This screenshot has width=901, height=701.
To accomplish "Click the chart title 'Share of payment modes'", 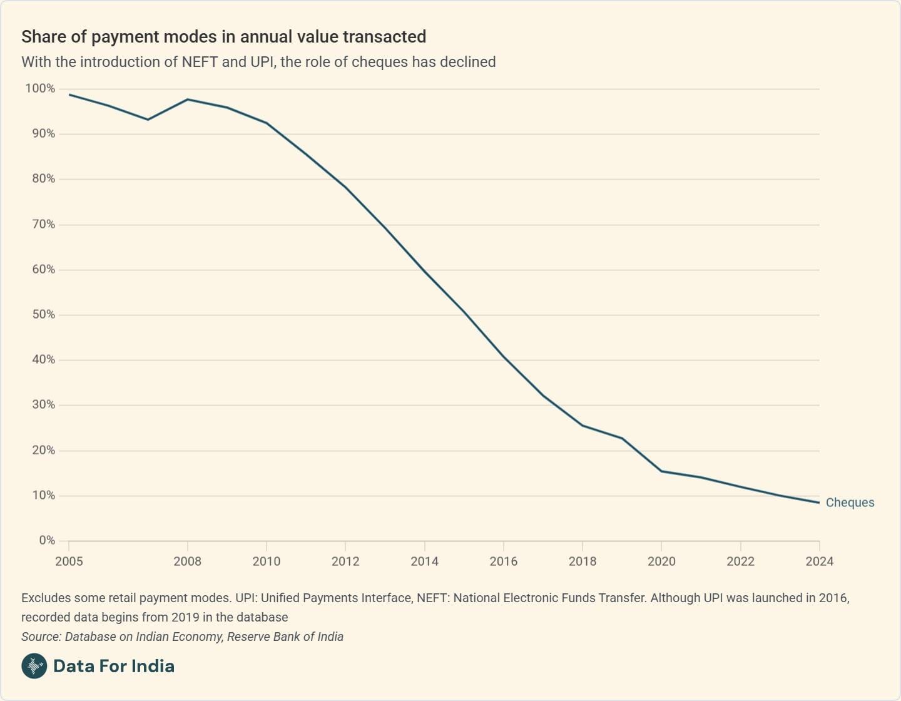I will coord(223,37).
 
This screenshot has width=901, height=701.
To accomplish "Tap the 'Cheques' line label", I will coord(850,503).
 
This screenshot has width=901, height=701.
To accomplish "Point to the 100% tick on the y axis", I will coord(40,89).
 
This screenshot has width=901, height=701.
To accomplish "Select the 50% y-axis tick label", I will coord(43,315).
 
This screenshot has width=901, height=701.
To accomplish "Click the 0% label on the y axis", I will coord(47,540).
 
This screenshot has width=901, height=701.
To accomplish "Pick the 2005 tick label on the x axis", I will coord(69,561).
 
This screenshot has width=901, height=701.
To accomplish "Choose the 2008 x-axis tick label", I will coord(187,561).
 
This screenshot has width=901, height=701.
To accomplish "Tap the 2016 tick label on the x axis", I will coord(503,561).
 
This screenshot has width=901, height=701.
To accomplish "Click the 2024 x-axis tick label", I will coord(819,561).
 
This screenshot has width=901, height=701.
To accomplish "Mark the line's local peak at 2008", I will coord(188,100).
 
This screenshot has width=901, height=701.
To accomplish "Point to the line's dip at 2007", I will coord(148,120).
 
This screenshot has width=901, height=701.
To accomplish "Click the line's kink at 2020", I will coord(661,471).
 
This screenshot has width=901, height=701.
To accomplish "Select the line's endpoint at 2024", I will coord(819,503).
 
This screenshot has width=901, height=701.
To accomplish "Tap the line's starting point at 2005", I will coord(69,95).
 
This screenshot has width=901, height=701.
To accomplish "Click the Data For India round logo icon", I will coord(34,666).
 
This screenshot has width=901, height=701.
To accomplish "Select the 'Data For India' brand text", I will coord(114,666).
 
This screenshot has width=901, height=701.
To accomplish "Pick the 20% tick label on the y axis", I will coord(43,450).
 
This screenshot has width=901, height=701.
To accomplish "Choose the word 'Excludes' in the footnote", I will coord(45,598).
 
